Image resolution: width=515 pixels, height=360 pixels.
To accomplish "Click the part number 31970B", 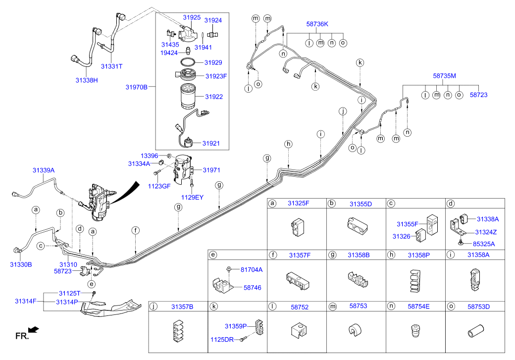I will [136, 87].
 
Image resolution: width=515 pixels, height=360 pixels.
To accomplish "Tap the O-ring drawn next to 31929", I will [187, 63].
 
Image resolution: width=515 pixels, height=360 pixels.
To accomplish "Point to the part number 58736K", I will [317, 24].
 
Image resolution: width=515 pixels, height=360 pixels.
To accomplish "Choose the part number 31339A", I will [44, 170].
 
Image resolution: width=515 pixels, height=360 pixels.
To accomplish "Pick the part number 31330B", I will [21, 264].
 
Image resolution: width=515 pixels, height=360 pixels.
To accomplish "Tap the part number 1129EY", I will [192, 197].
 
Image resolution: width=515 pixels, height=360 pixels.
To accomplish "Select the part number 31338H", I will [87, 79].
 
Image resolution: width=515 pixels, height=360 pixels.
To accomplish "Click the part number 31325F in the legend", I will [298, 204].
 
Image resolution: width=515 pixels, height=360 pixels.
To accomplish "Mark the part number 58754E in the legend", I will [418, 307].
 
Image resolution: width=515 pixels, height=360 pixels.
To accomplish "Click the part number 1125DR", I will [221, 339].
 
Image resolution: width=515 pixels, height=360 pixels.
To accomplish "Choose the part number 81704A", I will [252, 269].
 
